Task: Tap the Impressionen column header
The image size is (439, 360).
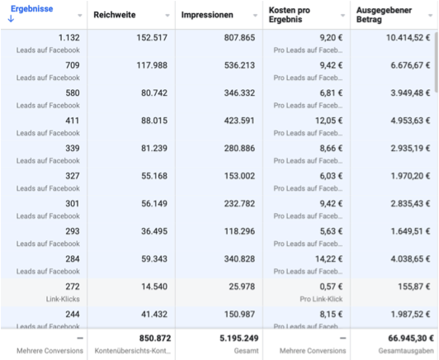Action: pyautogui.click(x=209, y=15)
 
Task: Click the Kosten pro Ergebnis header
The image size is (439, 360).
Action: pyautogui.click(x=295, y=15)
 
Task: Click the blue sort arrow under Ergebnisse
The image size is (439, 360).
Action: pyautogui.click(x=10, y=21)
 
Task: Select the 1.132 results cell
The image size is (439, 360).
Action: pyautogui.click(x=65, y=37)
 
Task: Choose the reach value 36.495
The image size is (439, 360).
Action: pyautogui.click(x=151, y=230)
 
